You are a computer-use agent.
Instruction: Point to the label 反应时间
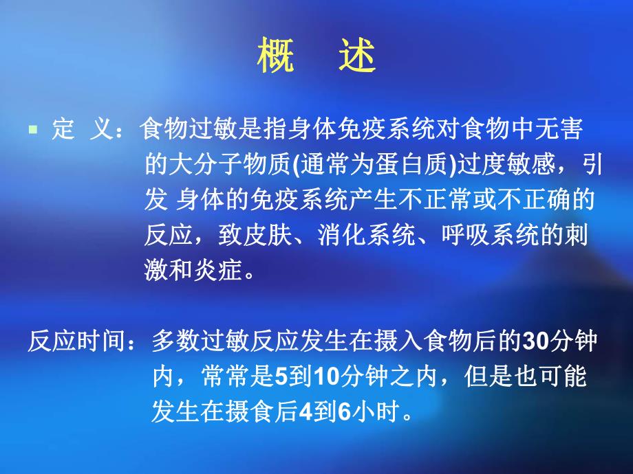tap(76, 341)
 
